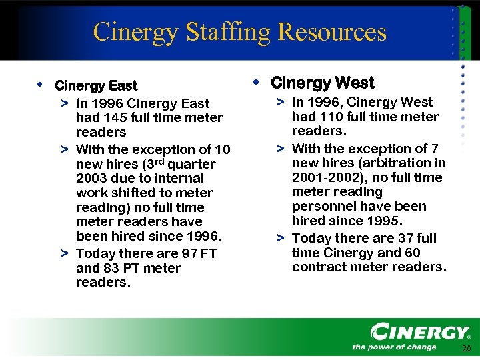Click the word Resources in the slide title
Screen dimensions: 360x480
[x=332, y=32]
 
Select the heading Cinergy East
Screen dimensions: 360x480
[x=96, y=86]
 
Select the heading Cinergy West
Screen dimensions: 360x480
[x=323, y=83]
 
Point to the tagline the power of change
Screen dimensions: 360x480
[x=393, y=347]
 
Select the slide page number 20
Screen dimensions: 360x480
[x=465, y=350]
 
